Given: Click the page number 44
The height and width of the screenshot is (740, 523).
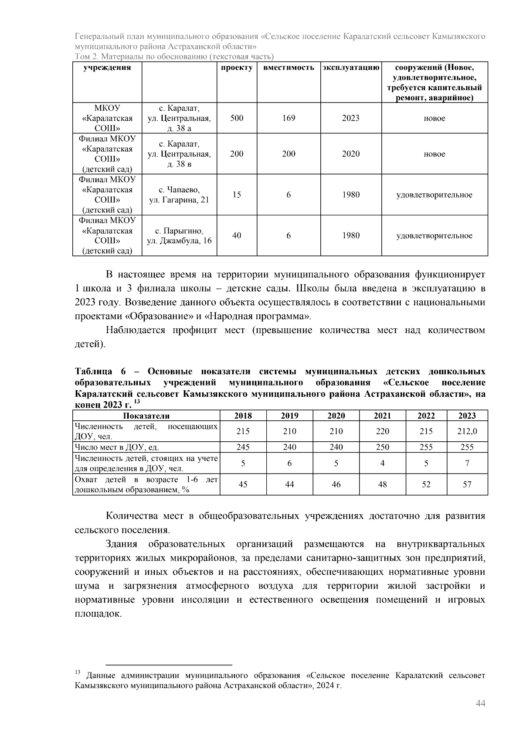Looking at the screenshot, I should (480, 704).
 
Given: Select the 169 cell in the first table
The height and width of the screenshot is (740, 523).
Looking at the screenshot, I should (289, 118).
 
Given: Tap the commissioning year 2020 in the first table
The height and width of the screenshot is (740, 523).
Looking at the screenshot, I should (350, 154).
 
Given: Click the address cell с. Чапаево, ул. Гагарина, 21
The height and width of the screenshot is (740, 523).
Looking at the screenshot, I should (179, 195).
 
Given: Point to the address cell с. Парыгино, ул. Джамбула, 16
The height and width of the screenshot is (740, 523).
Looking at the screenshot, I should (179, 235).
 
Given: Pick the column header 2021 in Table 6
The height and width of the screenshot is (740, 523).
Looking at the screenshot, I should (382, 416).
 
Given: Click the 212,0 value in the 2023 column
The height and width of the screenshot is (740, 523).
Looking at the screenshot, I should (467, 431).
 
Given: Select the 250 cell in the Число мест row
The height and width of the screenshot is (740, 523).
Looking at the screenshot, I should (382, 447).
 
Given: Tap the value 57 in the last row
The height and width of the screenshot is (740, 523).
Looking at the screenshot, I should (467, 484).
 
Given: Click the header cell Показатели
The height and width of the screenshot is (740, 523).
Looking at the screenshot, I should (146, 416).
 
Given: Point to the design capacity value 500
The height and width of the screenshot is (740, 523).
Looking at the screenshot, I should (237, 118).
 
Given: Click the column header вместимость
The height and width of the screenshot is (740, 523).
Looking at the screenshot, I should (289, 68).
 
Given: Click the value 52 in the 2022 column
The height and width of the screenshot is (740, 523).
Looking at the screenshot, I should (426, 484).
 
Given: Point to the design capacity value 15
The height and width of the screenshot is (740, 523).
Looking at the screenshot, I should (237, 195).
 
